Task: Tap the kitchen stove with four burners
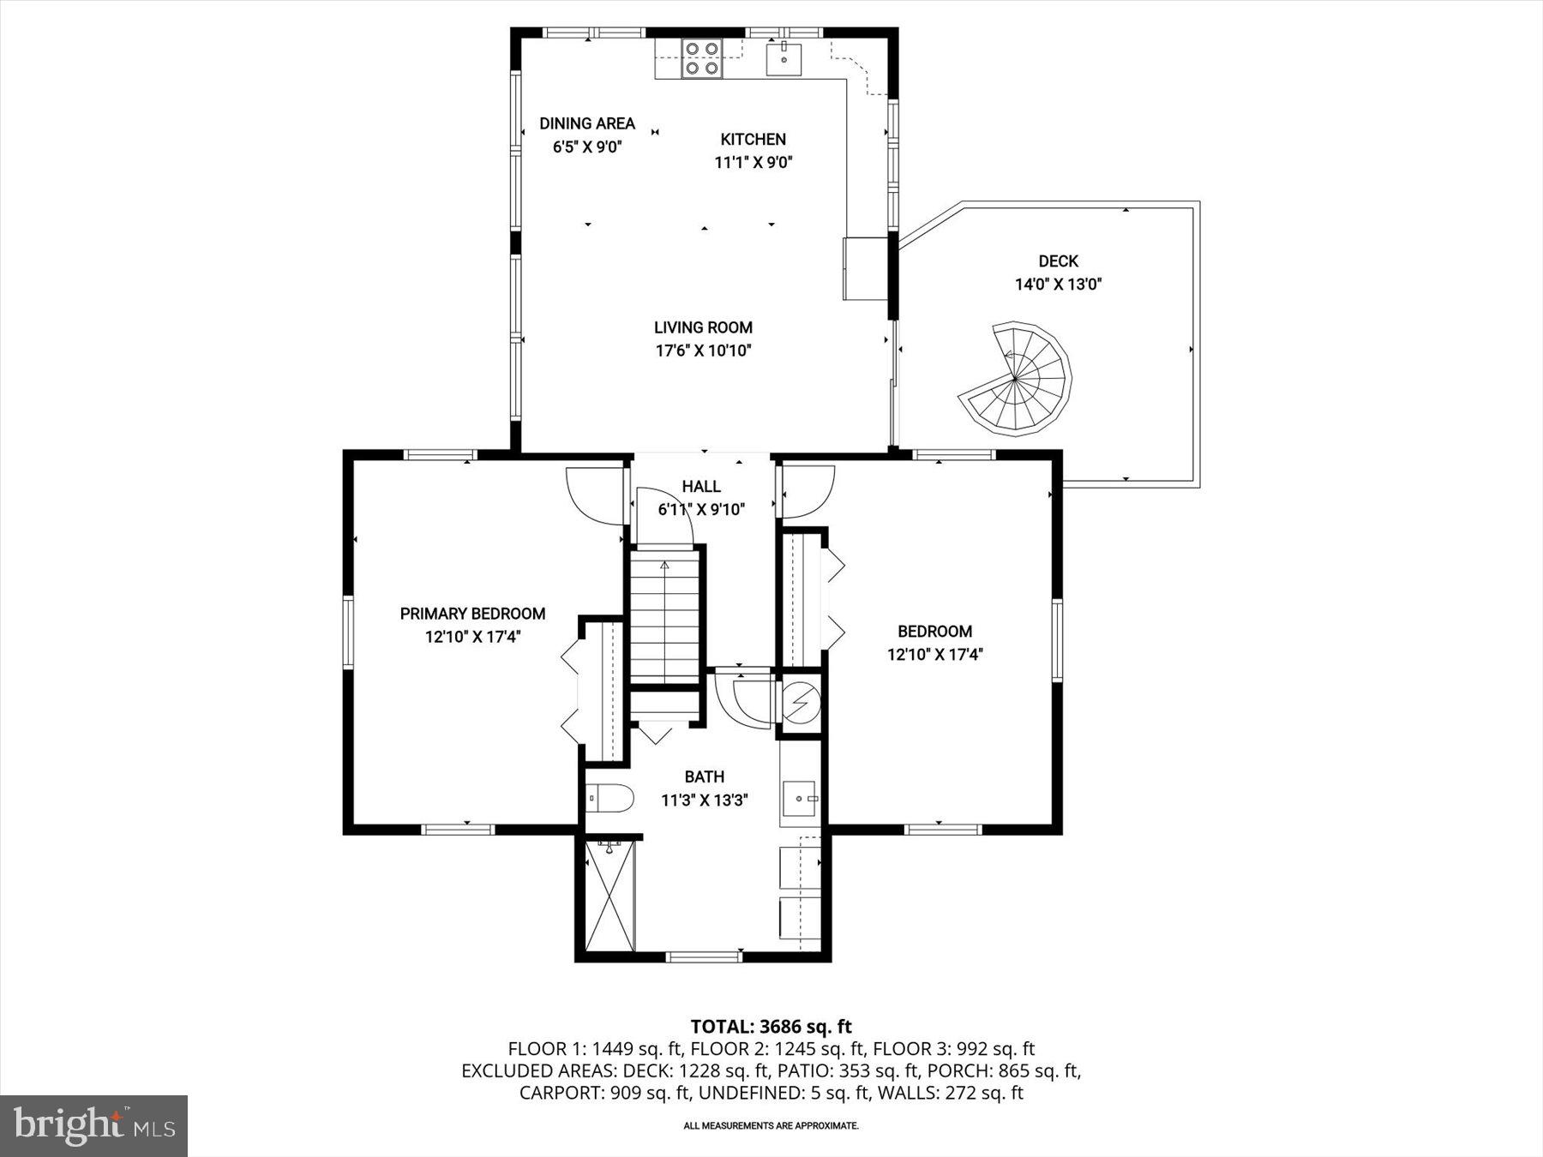701,58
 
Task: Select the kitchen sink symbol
784,58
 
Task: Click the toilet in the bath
610,799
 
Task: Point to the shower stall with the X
609,896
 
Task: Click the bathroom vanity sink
801,799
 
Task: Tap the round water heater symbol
801,704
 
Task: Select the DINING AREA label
587,123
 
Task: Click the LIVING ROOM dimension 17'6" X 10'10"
703,351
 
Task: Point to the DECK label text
1058,261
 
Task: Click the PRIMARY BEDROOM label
472,614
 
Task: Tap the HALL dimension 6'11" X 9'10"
701,510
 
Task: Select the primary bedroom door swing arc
591,497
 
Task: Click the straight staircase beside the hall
665,617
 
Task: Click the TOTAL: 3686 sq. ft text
771,1026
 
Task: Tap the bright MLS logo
93,1125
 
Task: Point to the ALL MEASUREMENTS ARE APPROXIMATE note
771,1125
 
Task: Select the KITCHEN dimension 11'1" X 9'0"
753,163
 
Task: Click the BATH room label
704,777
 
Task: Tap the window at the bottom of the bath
704,956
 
